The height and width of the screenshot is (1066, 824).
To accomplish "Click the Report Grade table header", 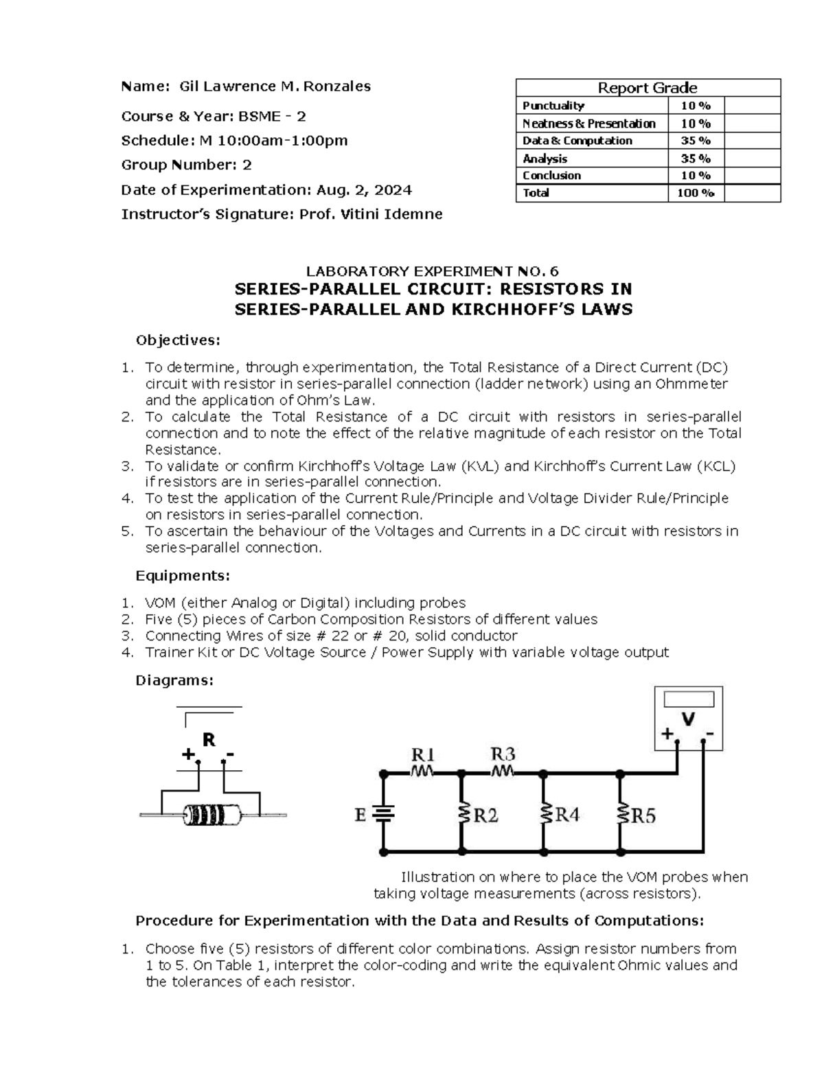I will pyautogui.click(x=648, y=88).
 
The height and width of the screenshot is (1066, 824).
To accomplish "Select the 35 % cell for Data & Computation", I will pyautogui.click(x=696, y=141).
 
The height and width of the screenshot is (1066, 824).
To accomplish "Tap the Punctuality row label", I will pyautogui.click(x=553, y=106).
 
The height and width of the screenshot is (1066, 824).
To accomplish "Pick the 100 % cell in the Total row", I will pyautogui.click(x=696, y=193).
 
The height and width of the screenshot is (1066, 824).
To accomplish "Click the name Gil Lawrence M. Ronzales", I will pyautogui.click(x=275, y=86).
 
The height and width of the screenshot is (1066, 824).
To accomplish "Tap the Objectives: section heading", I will pyautogui.click(x=179, y=340).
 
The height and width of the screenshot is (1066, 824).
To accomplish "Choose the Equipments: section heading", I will pyautogui.click(x=183, y=575).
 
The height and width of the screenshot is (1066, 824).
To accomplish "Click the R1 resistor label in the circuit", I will pyautogui.click(x=422, y=755).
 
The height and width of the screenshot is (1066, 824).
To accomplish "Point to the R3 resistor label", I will pyautogui.click(x=503, y=754).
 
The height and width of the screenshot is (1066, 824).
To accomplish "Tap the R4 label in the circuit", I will pyautogui.click(x=566, y=815).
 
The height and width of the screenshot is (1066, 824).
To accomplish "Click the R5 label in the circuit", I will pyautogui.click(x=643, y=815).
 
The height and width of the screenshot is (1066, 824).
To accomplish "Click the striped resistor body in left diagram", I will pyautogui.click(x=213, y=815).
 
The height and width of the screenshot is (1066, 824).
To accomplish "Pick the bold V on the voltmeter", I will pyautogui.click(x=687, y=719).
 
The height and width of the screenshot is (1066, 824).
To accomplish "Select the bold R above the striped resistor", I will pyautogui.click(x=209, y=740).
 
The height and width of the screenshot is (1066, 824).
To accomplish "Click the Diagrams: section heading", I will pyautogui.click(x=174, y=680).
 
